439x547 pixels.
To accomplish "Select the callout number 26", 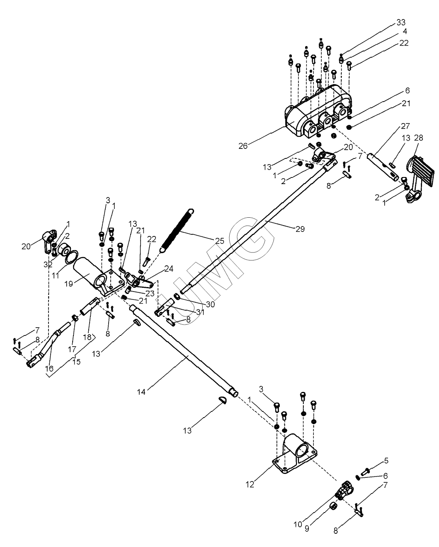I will pos(244,146).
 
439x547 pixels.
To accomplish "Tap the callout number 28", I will pos(418,137).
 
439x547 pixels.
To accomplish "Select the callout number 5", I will pos(386,460).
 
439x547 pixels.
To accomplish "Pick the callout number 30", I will pos(210,305).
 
